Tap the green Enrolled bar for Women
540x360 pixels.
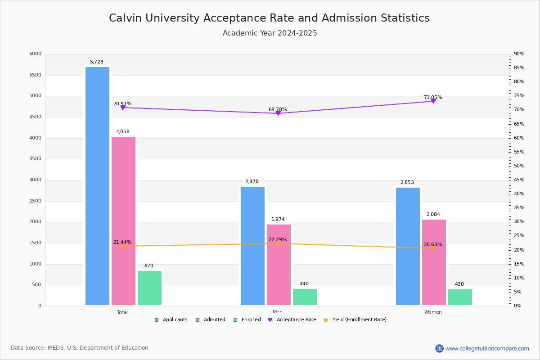[460, 297]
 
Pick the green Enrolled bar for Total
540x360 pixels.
[149, 288]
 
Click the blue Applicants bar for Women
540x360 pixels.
[408, 246]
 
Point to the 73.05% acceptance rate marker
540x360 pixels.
[433, 101]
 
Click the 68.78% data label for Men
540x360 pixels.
[278, 109]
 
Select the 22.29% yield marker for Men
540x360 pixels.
[278, 243]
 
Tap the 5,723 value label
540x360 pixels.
[97, 62]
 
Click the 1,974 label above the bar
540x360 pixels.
[278, 220]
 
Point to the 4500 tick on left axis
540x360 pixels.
[35, 117]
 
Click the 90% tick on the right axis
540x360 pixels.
[519, 54]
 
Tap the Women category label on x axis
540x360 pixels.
[433, 312]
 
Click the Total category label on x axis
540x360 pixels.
[122, 312]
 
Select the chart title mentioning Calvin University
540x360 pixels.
[269, 18]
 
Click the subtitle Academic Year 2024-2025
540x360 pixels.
[270, 33]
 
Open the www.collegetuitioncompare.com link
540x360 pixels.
[487, 348]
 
